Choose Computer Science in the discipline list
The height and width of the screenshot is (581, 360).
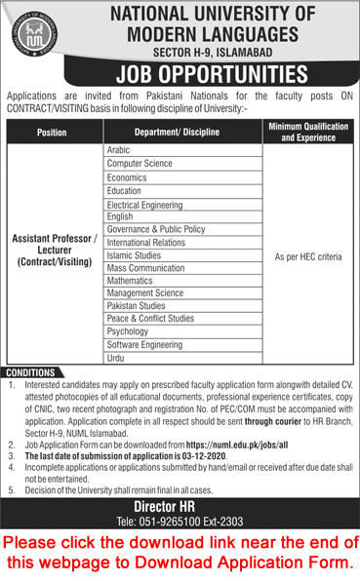coord(137,165)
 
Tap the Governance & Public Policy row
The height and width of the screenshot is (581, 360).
coord(155,229)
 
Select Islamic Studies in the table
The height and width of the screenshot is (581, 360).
coord(134,255)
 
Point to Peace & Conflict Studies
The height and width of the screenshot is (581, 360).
coord(150,319)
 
